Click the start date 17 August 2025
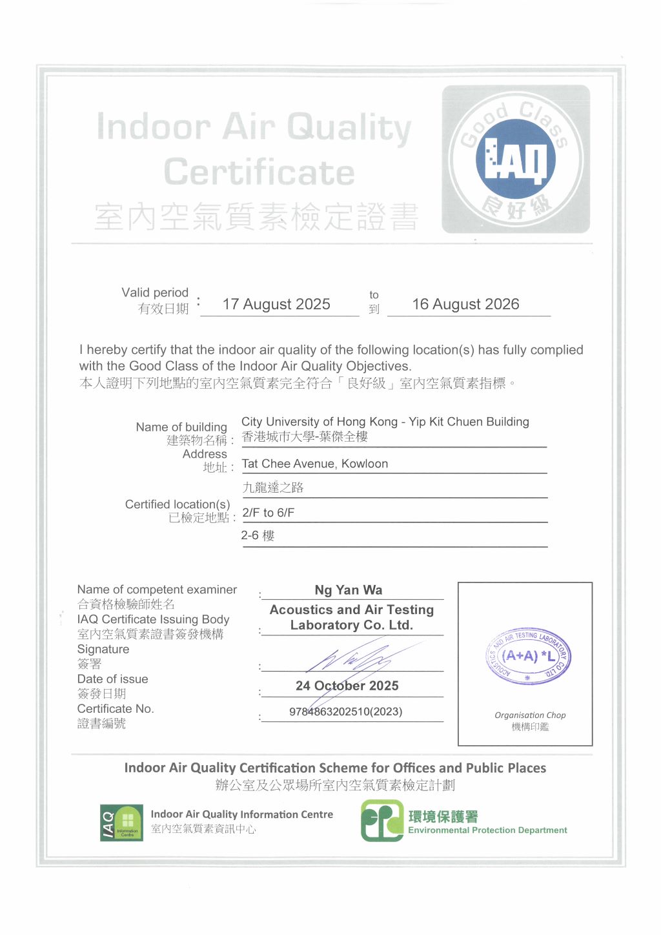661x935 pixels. point(276,304)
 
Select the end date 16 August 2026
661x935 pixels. point(465,304)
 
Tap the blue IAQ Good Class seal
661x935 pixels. point(516,159)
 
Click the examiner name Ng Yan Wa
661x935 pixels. point(349,590)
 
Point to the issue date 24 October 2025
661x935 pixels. point(347,686)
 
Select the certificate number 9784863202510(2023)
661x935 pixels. point(346,712)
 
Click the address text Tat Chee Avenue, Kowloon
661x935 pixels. point(315,464)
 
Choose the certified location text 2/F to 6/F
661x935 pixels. point(269,513)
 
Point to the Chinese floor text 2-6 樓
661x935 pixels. point(258,535)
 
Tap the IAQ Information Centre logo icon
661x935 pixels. point(121,823)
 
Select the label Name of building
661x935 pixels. point(181,427)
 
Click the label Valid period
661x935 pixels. point(155,293)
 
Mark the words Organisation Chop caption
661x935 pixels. point(530,715)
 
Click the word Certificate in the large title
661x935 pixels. point(259,172)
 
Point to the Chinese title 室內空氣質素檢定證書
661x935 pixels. point(257,217)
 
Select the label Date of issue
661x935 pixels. point(112,679)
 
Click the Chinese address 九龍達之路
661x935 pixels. point(273,488)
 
